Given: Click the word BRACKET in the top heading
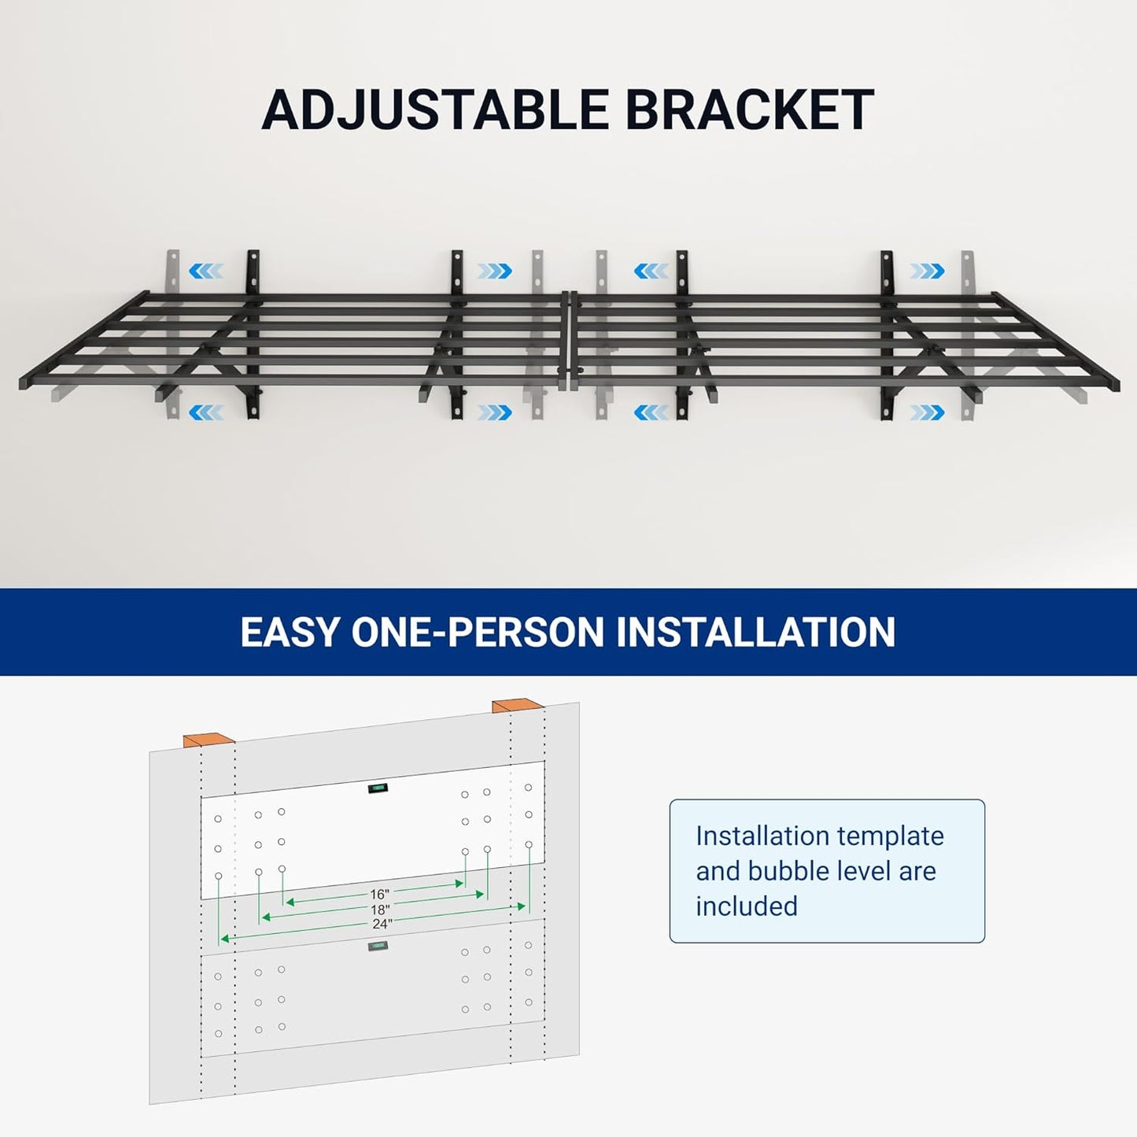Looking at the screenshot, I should [x=749, y=109].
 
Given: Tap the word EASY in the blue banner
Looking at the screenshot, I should [x=289, y=632].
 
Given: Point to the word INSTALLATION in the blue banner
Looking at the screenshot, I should [x=755, y=632].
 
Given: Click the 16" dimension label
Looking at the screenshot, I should [x=379, y=895].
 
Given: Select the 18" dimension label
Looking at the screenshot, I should [x=380, y=910].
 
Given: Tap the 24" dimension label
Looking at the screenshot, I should [x=382, y=924].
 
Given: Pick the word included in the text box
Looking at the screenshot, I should [x=746, y=906].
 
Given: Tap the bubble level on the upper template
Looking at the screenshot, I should [x=377, y=788].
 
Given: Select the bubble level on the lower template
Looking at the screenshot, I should [x=378, y=946].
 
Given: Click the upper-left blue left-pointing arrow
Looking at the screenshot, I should [x=206, y=271].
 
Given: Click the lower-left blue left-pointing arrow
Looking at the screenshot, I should [x=206, y=412].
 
